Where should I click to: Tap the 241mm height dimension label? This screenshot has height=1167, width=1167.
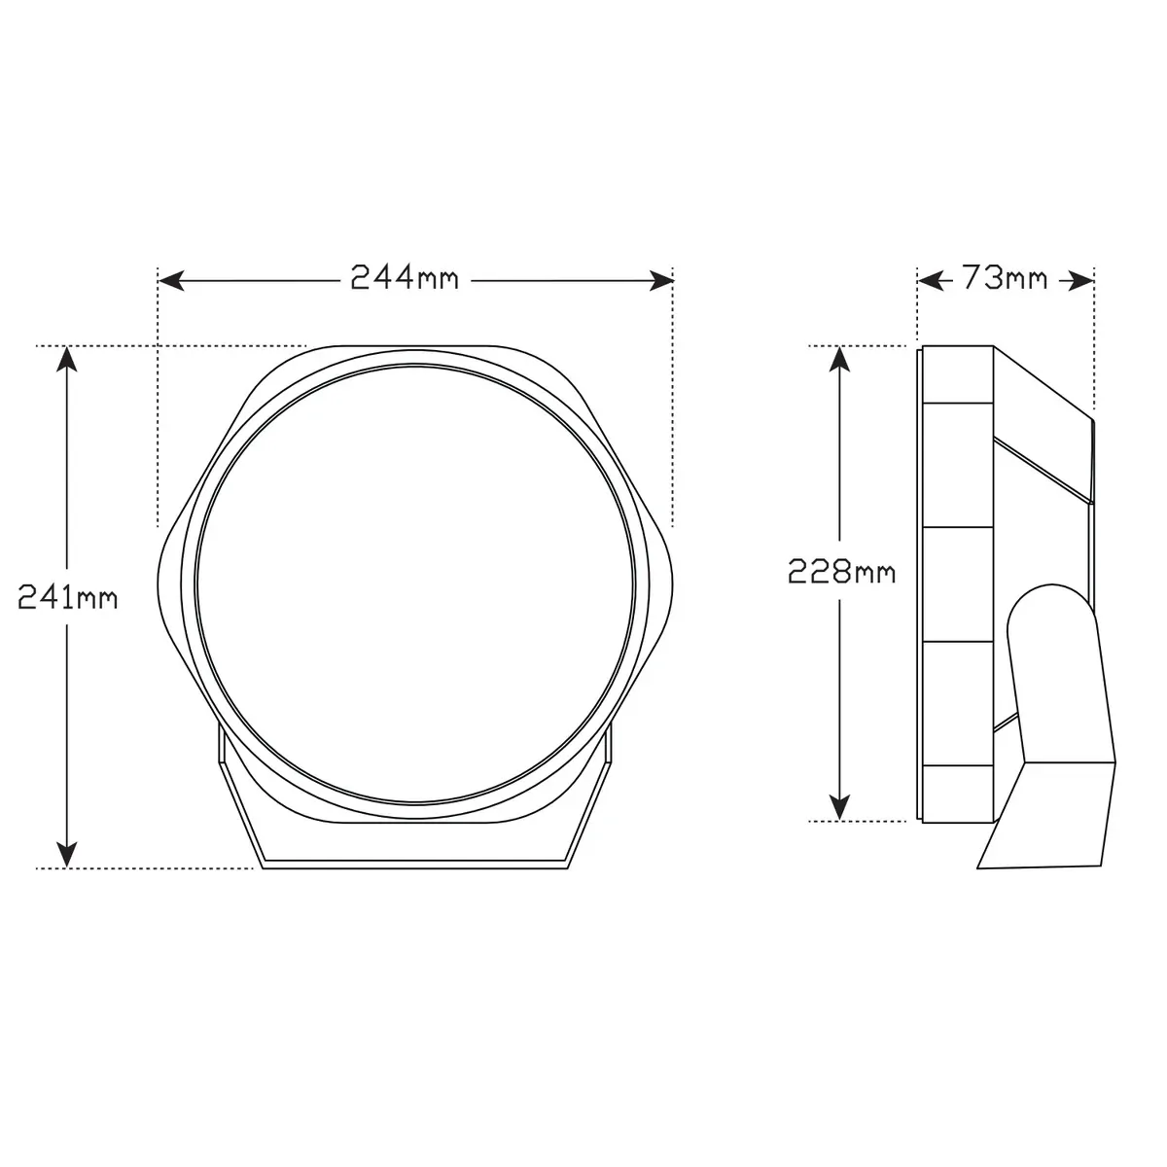[x=68, y=598]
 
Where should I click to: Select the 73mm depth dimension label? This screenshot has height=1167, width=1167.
[x=1005, y=279]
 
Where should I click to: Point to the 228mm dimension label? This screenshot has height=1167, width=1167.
[x=841, y=572]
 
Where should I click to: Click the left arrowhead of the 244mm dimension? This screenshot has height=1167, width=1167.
[x=171, y=281]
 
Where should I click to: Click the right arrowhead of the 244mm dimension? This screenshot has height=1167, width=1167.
[x=660, y=281]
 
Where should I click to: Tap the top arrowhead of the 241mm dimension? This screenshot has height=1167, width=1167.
[x=67, y=359]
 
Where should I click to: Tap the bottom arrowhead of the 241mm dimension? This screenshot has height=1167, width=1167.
[x=67, y=855]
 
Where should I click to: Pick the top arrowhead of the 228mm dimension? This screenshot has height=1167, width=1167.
[x=838, y=359]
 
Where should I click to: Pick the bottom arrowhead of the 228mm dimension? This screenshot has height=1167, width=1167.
[x=838, y=808]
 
